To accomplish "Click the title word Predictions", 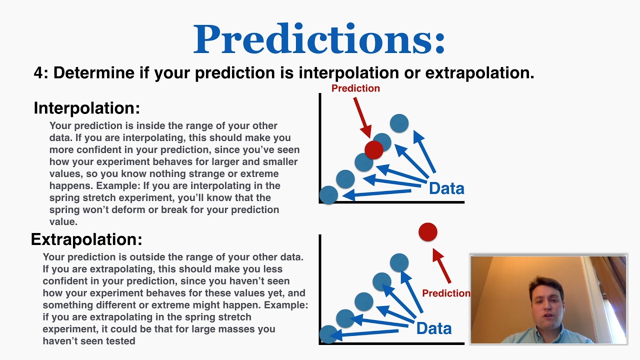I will pos(319,39).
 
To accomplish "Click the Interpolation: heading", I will pos(86,108).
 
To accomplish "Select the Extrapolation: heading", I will pos(86,239).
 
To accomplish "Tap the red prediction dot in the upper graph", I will pos(373,149).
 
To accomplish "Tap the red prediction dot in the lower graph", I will pos(427,232).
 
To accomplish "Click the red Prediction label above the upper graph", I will pos(355,88).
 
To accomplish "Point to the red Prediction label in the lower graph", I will pos(445,293).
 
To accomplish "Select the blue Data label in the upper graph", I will pos(446,188).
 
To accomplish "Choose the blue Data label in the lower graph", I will pos(433,328).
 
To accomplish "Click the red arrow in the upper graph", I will pos(362,117).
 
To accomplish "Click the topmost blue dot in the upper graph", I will pos(399,123).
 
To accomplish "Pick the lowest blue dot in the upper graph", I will pos(328,194).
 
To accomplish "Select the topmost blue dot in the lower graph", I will pos(399,262).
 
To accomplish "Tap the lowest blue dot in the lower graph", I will pos(328,334).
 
